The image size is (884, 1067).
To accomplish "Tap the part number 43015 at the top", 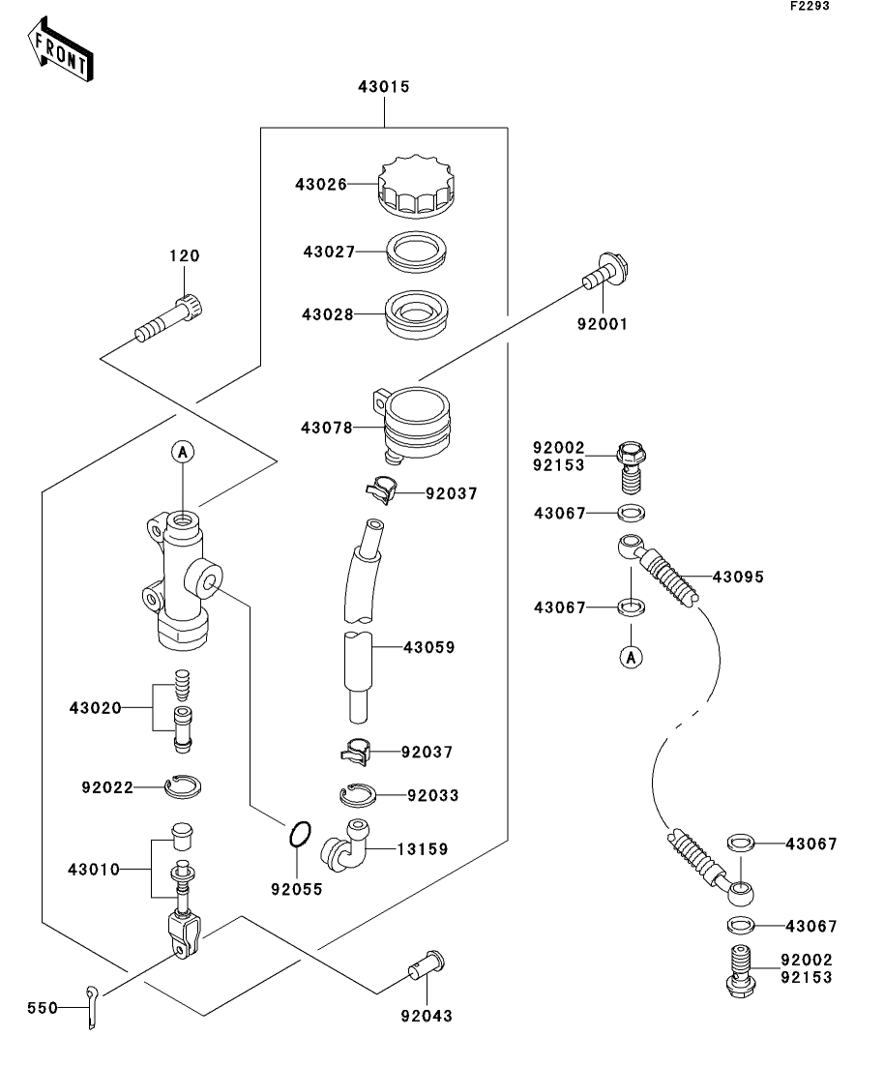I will point(384,86).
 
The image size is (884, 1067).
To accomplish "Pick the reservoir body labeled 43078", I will point(417,423).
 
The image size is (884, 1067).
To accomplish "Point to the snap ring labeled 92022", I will point(183,788).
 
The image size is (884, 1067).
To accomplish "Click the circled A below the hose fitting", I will point(631,657).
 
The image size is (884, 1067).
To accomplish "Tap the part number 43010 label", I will point(94,869).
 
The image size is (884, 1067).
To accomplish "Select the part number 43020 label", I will point(95,707).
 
